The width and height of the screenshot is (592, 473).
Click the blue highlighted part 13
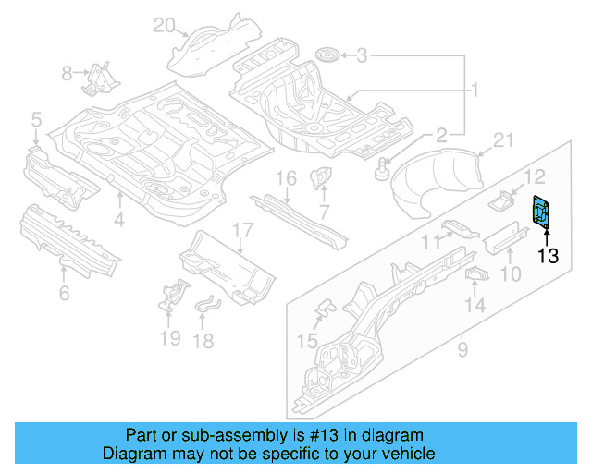540,211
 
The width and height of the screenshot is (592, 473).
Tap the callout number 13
548,256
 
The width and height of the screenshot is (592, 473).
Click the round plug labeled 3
326,56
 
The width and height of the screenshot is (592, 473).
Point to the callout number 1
475,91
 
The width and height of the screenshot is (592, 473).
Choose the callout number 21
502,140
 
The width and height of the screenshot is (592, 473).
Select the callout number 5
35,118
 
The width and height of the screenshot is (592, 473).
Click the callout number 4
119,219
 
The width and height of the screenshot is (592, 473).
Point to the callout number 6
63,294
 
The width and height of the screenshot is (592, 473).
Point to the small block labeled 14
475,274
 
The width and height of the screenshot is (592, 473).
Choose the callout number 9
462,349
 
